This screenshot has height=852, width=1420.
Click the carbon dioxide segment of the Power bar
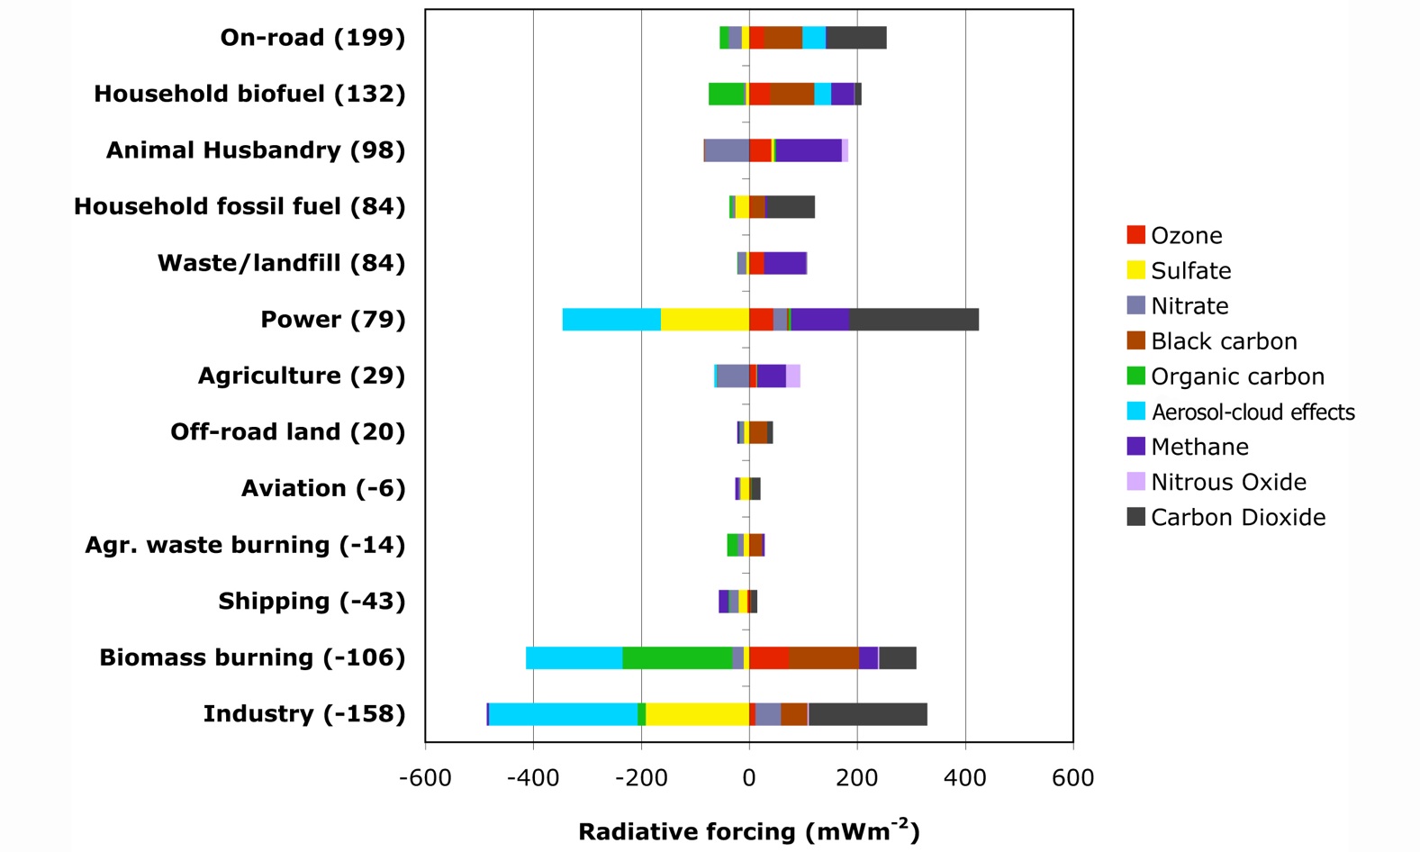pyautogui.click(x=913, y=320)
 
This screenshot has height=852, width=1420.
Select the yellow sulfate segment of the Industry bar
pyautogui.click(x=697, y=714)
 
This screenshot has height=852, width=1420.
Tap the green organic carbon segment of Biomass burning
pyautogui.click(x=677, y=658)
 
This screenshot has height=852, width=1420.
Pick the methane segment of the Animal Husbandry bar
pyautogui.click(x=808, y=150)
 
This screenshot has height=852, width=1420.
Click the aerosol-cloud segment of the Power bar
pyautogui.click(x=611, y=320)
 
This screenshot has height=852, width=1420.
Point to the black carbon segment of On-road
pyautogui.click(x=782, y=38)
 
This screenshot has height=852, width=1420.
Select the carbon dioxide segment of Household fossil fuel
pyautogui.click(x=790, y=207)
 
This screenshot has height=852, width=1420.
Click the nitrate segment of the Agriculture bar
pyautogui.click(x=732, y=376)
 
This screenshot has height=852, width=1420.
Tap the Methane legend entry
pyautogui.click(x=1199, y=447)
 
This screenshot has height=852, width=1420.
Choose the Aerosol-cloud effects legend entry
pyautogui.click(x=1253, y=412)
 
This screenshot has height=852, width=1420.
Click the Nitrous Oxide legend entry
pyautogui.click(x=1228, y=482)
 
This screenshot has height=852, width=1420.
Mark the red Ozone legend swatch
pyautogui.click(x=1135, y=235)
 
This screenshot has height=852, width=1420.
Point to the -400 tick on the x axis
pyautogui.click(x=533, y=777)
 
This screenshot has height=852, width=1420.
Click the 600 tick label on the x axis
pyautogui.click(x=1072, y=777)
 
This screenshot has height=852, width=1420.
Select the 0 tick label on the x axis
pyautogui.click(x=749, y=777)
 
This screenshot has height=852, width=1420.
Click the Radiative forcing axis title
pyautogui.click(x=748, y=831)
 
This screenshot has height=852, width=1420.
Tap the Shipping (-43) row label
pyautogui.click(x=312, y=602)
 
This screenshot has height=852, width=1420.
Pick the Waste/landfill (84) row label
pyautogui.click(x=281, y=263)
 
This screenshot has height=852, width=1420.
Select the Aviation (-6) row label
pyautogui.click(x=323, y=489)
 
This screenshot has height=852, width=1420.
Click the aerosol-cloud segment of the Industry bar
pyautogui.click(x=563, y=714)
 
